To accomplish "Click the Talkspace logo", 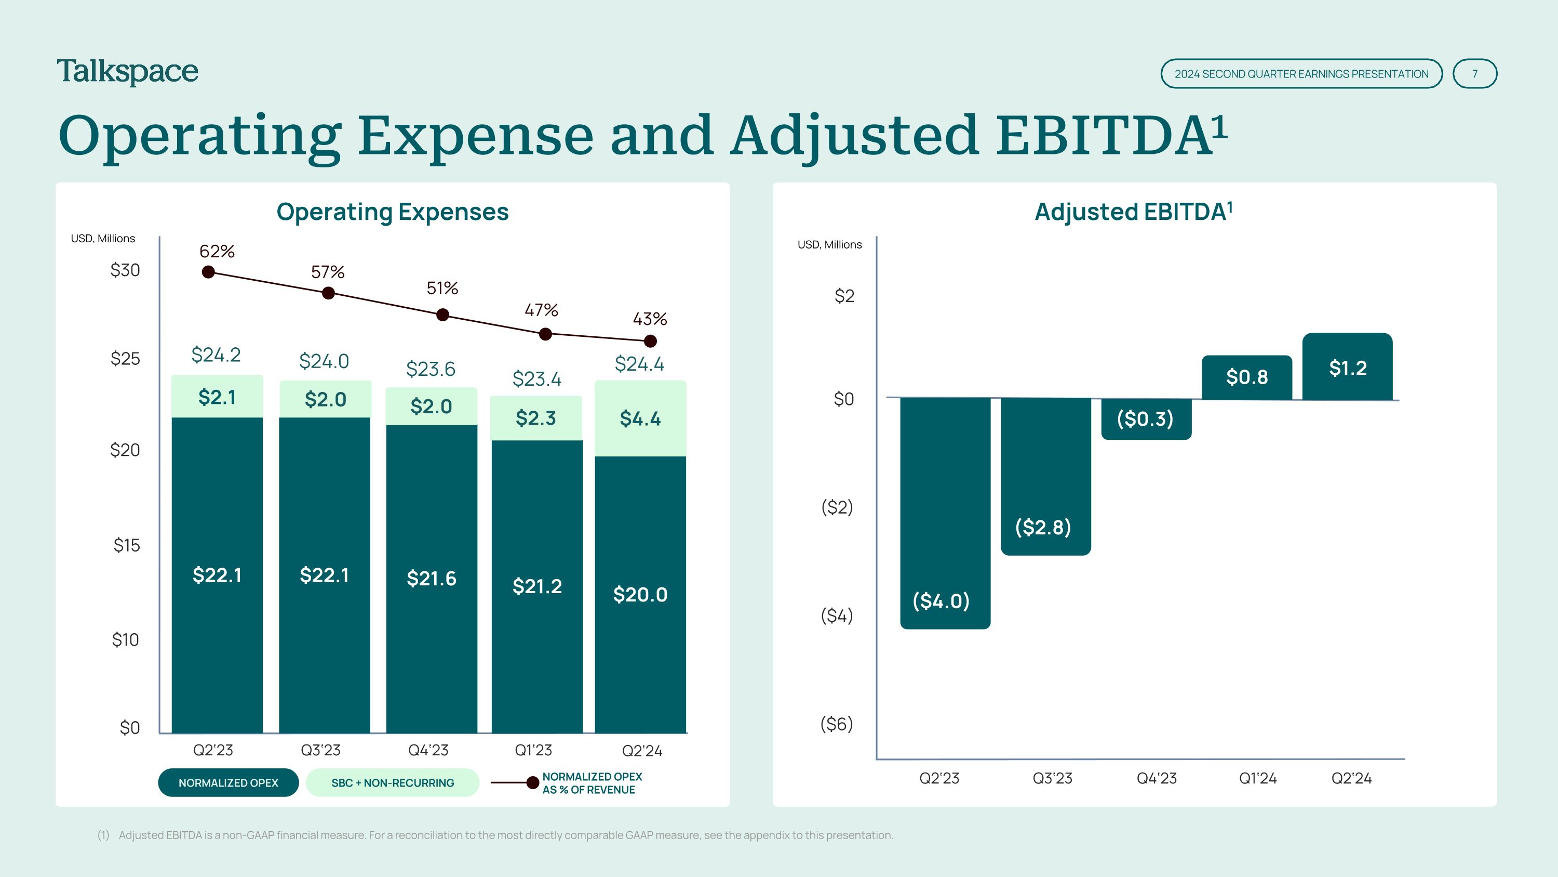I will coord(128,72).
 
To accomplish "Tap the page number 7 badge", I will coord(1474,74).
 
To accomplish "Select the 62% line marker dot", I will coord(208,272).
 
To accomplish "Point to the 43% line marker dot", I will coord(650,342).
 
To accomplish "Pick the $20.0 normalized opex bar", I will coord(640,594).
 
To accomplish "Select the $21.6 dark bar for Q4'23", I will coord(431,578).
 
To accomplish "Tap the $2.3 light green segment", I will coord(536,417).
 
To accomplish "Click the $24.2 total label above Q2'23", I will coord(216,355).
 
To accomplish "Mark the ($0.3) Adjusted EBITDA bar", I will coord(1146,418).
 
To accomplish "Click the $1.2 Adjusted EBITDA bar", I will coord(1348,367).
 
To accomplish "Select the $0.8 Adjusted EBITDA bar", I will coord(1246,377).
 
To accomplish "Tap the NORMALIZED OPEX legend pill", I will coord(228,782).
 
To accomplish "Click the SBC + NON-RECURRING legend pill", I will coord(393,782).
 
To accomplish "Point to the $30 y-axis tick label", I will coord(125,270).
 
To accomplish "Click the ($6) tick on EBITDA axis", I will coord(837,724).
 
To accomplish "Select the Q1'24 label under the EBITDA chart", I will coord(1257,778).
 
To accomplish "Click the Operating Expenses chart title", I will coord(393,212).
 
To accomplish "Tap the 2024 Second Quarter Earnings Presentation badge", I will coord(1301,74).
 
